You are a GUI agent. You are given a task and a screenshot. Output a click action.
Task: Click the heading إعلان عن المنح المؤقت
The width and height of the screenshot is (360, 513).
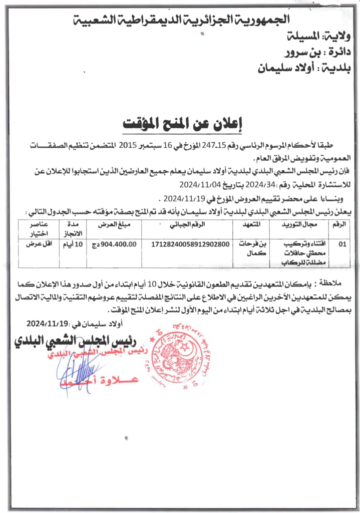point(180,122)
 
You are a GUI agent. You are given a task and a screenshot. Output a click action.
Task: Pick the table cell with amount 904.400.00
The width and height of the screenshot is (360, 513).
point(118,244)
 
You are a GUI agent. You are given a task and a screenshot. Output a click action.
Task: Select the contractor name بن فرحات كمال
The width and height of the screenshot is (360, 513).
point(251,249)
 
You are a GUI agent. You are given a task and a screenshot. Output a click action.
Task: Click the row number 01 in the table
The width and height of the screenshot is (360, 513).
point(342,244)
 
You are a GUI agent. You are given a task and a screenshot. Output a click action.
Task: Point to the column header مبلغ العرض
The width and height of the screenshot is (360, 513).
point(118,225)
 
